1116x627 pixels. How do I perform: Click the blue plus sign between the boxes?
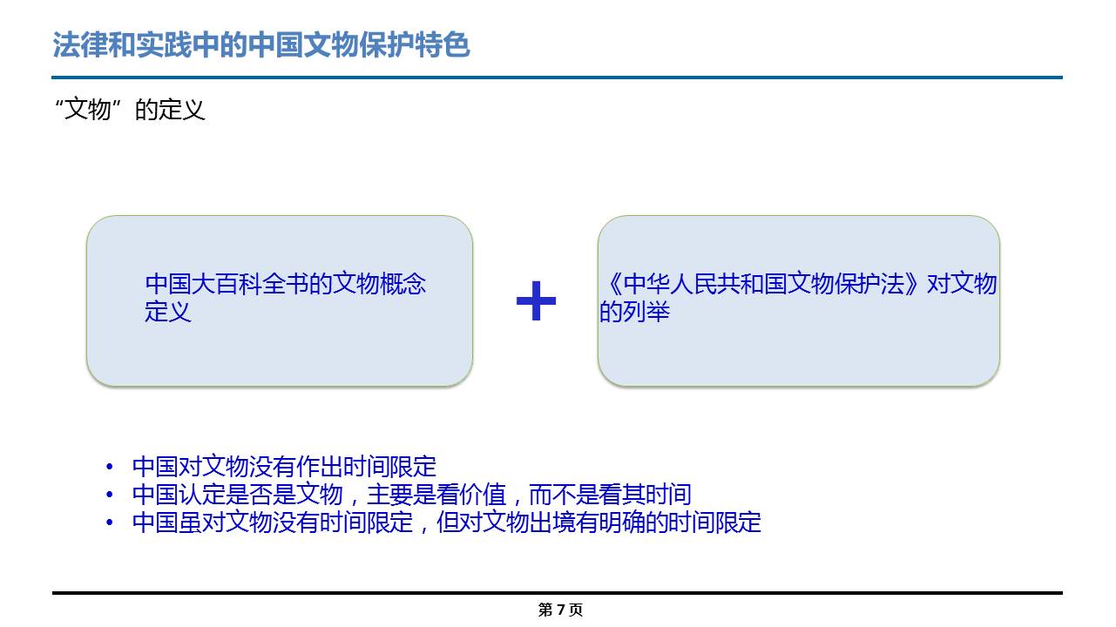(x=536, y=300)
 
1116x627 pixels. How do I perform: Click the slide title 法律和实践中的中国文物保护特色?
(x=261, y=44)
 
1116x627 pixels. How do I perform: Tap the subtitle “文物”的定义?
(x=130, y=110)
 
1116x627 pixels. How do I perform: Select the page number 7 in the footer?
(x=561, y=609)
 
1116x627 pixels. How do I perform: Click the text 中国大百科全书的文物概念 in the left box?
(x=286, y=284)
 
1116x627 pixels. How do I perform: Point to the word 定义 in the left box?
(x=168, y=312)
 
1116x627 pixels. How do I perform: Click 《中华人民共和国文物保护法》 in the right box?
(x=762, y=284)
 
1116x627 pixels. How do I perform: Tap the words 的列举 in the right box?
(x=634, y=312)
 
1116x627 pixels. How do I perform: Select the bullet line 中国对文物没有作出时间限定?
(x=284, y=467)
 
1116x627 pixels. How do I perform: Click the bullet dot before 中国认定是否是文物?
(x=110, y=495)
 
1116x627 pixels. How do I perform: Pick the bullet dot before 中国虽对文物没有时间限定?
(x=110, y=522)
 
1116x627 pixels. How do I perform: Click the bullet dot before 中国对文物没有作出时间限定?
(x=110, y=467)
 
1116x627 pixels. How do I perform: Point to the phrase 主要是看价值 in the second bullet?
(x=436, y=495)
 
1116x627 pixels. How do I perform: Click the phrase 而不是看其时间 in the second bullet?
(x=610, y=495)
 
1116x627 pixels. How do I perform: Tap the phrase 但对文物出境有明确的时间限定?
(x=599, y=522)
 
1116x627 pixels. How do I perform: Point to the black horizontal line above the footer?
(x=558, y=593)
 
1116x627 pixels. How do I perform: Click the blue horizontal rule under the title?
(x=557, y=78)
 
